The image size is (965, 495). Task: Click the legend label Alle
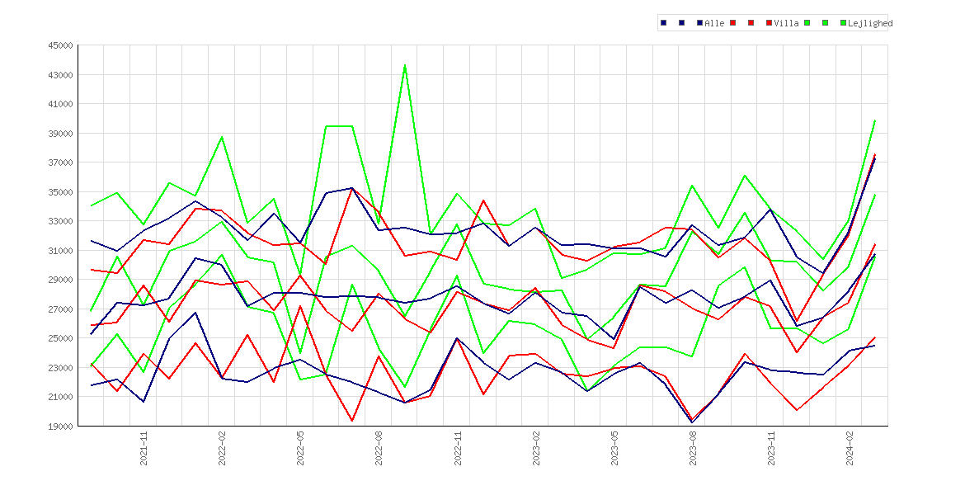(714, 23)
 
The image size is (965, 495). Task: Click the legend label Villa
(787, 23)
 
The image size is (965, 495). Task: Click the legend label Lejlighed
(870, 23)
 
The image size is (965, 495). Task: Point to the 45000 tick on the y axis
(61, 45)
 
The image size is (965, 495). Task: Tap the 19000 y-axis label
(61, 426)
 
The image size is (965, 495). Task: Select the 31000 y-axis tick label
(61, 251)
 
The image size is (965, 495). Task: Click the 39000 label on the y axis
(61, 134)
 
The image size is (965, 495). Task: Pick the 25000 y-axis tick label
(61, 338)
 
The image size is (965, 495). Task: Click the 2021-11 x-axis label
(144, 448)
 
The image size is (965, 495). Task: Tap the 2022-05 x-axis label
(300, 448)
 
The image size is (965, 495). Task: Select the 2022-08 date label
(379, 448)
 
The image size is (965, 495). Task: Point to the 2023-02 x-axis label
(536, 448)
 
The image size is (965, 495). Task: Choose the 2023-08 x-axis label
(693, 448)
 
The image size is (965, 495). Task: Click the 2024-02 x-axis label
(850, 448)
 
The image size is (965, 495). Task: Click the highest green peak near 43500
(404, 65)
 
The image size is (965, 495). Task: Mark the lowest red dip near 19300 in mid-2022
(352, 421)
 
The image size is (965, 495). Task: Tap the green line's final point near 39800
(874, 120)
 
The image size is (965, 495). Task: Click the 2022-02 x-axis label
(222, 448)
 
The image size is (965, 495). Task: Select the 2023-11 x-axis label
(771, 448)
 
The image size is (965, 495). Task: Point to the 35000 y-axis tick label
(61, 192)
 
